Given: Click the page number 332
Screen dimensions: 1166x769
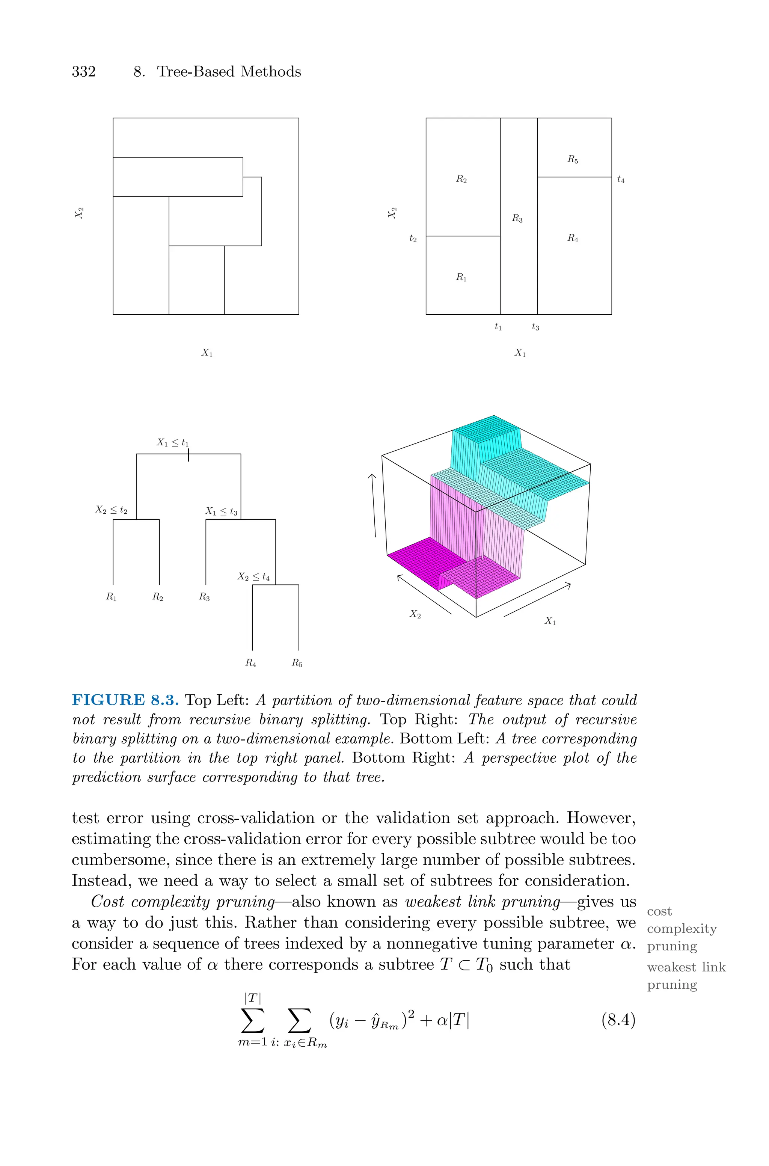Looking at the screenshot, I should [83, 72].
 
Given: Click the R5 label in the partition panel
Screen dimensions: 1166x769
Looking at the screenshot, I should [572, 159].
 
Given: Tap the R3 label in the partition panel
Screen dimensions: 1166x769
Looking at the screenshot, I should [517, 218].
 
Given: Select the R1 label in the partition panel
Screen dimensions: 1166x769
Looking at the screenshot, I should [461, 278].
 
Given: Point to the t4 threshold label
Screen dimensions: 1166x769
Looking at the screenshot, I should [620, 180].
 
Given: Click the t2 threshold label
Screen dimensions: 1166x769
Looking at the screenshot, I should [413, 239].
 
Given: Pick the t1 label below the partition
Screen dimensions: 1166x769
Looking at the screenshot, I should [498, 327].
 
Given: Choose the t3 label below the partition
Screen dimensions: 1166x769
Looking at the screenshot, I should [535, 327].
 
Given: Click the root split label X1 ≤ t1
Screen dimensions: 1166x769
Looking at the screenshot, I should [173, 442].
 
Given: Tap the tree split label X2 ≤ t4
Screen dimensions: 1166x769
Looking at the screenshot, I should [253, 577].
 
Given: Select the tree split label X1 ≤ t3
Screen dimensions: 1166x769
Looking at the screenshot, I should [221, 511].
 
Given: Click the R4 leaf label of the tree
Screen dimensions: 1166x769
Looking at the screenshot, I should [250, 663].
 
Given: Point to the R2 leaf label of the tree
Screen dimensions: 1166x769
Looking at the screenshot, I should [157, 597].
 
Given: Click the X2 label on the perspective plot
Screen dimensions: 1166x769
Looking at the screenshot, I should [415, 614].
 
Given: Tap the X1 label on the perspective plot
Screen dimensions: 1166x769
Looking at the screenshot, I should [550, 621].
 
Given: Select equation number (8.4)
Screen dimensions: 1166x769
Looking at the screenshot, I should [618, 1020].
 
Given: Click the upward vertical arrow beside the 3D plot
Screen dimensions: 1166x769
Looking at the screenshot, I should [373, 505].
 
